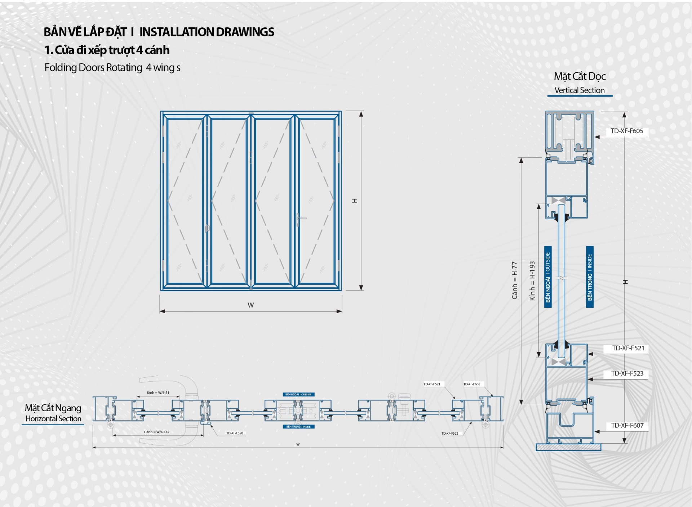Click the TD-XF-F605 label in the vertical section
[x=627, y=131]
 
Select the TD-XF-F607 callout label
[x=627, y=425]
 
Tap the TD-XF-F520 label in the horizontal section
[x=235, y=433]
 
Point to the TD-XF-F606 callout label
[x=472, y=384]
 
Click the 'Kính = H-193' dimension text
[x=532, y=281]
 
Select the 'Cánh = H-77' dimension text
[x=515, y=280]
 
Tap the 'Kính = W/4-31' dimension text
[x=158, y=392]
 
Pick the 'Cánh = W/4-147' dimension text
[x=156, y=432]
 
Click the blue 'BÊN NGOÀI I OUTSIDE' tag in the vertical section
[x=548, y=277]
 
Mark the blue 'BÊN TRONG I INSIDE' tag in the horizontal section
[x=298, y=427]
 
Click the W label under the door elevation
[x=251, y=305]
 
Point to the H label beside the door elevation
[x=355, y=201]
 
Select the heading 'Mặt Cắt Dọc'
[x=580, y=76]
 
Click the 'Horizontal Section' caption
[x=53, y=419]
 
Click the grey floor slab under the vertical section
[x=568, y=447]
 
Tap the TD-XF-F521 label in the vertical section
[x=628, y=348]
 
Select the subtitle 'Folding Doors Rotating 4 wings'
[x=112, y=68]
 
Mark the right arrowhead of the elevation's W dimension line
[x=340, y=311]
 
